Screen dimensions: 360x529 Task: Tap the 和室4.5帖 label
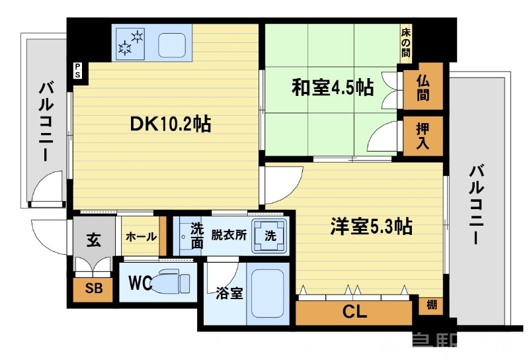point(332,87)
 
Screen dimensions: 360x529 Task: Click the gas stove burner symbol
point(130,42)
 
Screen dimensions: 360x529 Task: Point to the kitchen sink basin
point(174,44)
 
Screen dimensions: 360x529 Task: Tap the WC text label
point(140,283)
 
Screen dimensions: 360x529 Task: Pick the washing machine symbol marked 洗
point(271,236)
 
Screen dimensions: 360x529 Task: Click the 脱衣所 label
point(229,234)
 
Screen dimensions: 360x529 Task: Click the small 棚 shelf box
point(430,305)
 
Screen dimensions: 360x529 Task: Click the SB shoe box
point(93,289)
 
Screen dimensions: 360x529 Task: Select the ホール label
point(140,237)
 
